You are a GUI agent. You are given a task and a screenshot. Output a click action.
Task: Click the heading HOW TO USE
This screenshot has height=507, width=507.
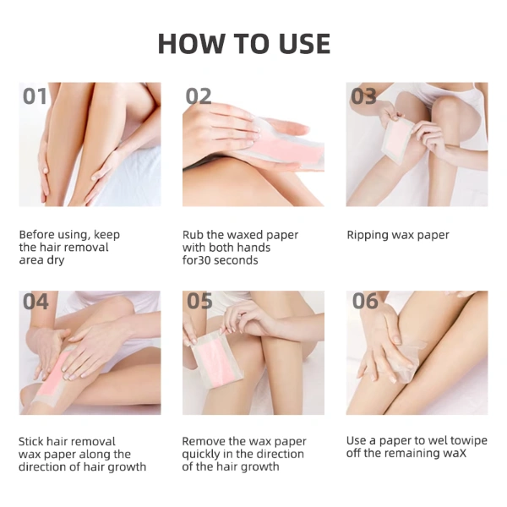[244, 44]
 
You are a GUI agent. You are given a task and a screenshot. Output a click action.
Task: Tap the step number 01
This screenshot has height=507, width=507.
[35, 96]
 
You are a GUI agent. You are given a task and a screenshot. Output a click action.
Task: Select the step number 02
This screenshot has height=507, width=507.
[199, 96]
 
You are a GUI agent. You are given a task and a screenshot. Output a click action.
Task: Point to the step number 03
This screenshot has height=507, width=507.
[363, 96]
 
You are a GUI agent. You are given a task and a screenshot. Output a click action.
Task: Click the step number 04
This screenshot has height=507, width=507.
[35, 302]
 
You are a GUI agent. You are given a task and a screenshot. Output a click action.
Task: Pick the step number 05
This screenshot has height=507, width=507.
[199, 302]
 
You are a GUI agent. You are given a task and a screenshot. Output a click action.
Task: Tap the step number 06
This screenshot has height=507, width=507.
[365, 302]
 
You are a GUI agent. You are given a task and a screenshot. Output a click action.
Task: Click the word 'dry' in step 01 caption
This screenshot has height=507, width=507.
[56, 260]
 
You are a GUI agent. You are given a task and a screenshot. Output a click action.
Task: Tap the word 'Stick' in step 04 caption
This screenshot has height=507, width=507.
[32, 441]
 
